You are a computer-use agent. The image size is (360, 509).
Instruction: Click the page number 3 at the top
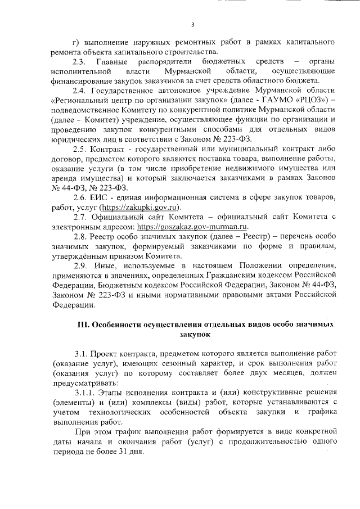[x=192, y=24]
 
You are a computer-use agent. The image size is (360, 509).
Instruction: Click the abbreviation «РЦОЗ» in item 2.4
[x=304, y=101]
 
